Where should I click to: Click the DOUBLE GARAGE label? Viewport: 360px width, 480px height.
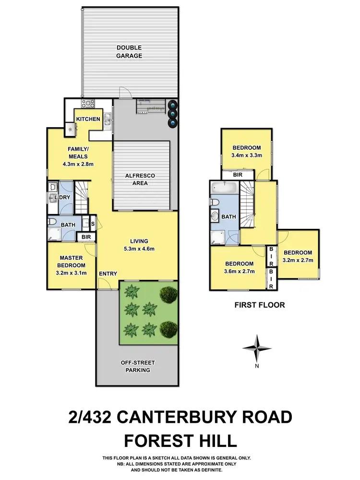coord(129,51)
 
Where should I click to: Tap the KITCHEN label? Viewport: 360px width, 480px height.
coord(88,119)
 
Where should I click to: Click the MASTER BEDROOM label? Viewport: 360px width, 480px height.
coord(72,261)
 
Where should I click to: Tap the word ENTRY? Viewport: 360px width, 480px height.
coord(108,274)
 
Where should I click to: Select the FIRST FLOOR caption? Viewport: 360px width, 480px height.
coord(259,304)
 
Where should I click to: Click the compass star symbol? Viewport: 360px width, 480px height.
coord(257,348)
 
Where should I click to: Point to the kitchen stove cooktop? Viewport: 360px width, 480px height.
coord(88,103)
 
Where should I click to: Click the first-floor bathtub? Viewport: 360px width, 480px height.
coord(223,188)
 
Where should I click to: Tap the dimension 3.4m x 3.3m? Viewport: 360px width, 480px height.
coord(246,155)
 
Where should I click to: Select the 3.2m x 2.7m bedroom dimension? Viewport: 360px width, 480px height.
coord(298,260)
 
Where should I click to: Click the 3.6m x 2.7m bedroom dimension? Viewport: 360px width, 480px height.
coord(240,271)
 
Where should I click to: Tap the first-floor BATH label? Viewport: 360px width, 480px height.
coord(228,217)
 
